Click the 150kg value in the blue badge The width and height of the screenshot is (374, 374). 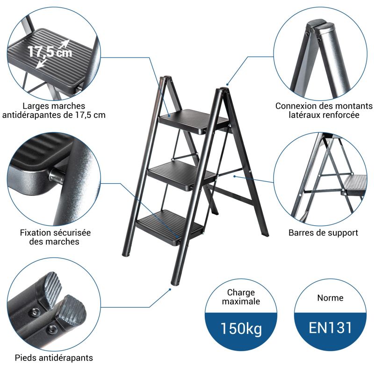[241, 329]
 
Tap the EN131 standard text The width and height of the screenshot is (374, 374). [331, 328]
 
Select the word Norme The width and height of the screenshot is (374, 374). [331, 298]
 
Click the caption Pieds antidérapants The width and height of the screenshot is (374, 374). [54, 358]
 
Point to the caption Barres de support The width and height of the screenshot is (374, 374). [323, 232]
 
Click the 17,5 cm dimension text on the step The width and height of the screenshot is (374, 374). [50, 51]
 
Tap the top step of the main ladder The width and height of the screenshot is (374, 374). [194, 121]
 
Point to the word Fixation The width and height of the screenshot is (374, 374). [36, 232]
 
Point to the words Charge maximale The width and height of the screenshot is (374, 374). [241, 297]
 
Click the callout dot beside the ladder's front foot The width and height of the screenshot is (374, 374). [170, 289]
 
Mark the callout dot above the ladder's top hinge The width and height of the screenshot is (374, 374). [227, 85]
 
